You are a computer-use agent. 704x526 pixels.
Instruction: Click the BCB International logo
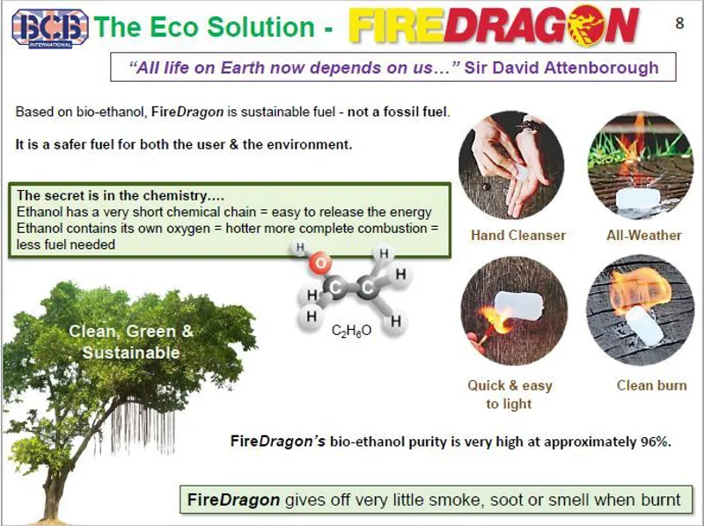tap(49, 26)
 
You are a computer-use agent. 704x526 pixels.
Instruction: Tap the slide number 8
tap(678, 24)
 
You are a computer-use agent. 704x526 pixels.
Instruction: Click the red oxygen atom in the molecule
tap(322, 262)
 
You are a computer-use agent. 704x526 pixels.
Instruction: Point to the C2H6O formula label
tap(351, 331)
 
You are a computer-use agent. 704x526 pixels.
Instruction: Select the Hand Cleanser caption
tap(518, 235)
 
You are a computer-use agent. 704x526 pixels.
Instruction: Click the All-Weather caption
tap(644, 235)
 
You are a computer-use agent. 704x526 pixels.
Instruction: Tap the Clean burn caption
tap(651, 385)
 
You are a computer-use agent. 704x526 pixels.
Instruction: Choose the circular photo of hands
tap(511, 164)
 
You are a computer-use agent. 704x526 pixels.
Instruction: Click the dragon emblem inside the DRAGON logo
tap(576, 26)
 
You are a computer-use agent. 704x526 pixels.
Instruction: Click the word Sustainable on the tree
tap(131, 353)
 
